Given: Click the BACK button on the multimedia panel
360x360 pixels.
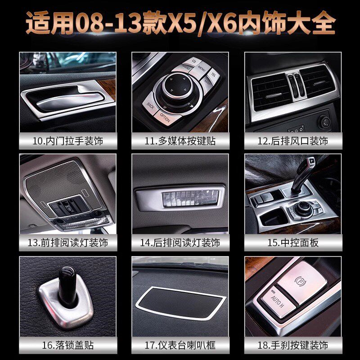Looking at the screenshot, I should (150, 106).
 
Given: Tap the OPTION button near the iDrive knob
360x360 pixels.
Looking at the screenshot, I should (165, 119).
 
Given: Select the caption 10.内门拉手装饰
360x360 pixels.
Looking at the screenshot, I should (68, 141).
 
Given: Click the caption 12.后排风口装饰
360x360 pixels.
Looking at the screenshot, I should (292, 141).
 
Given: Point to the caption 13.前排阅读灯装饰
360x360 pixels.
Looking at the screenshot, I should (68, 243).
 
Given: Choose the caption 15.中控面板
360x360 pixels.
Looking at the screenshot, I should (292, 243).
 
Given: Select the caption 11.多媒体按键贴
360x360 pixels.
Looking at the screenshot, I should (180, 141).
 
